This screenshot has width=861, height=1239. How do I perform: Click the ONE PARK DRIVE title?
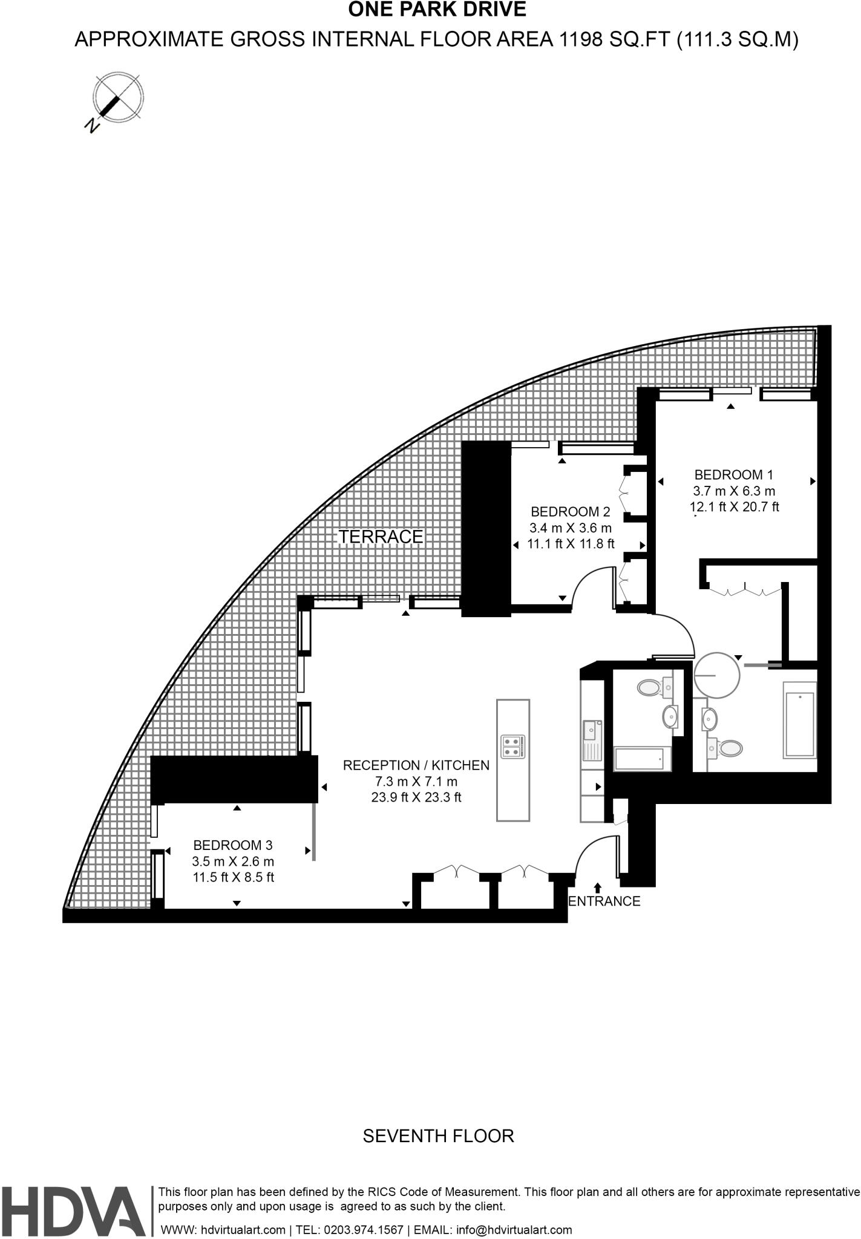click(437, 10)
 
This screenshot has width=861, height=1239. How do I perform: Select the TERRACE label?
click(381, 537)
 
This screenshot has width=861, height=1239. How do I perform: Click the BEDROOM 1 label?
click(733, 475)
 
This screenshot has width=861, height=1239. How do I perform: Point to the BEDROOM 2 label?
click(570, 512)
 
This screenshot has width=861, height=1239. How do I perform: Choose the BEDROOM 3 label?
click(233, 845)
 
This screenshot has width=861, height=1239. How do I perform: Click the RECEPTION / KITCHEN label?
click(416, 765)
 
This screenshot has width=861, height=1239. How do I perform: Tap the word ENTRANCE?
click(604, 901)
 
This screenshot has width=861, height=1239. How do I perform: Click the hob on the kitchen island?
click(513, 747)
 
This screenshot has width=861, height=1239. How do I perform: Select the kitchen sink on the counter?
click(590, 732)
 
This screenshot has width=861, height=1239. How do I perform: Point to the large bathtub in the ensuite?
click(799, 719)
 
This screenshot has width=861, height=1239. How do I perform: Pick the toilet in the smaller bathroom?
click(649, 687)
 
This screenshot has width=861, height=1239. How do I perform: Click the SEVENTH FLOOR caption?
click(438, 1136)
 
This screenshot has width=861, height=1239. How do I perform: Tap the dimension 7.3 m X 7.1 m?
click(416, 782)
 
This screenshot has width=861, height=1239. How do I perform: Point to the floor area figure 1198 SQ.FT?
click(615, 40)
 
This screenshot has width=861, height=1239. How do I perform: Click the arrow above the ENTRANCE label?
click(598, 888)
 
